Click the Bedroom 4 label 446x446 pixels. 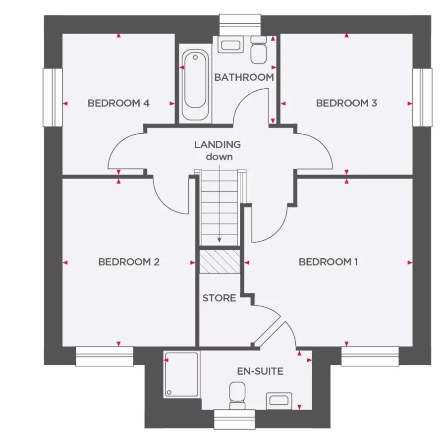click(118, 103)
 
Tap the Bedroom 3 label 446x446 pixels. click(346, 103)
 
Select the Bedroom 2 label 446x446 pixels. click(129, 262)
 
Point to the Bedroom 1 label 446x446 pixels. click(328, 262)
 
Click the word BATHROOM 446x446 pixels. click(244, 77)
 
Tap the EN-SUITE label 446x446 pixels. click(260, 371)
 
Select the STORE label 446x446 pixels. click(220, 298)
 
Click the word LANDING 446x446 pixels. click(218, 145)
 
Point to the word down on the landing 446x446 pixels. click(220, 157)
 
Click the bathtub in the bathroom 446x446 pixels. click(195, 85)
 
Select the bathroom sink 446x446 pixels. click(230, 45)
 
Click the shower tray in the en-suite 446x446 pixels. click(181, 374)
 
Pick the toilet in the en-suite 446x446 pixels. click(237, 395)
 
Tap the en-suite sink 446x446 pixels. click(279, 401)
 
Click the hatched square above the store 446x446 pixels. click(220, 262)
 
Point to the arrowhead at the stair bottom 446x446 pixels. click(220, 240)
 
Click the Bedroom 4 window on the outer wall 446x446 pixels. click(53, 98)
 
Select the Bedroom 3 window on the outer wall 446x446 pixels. click(422, 98)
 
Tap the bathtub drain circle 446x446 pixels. click(195, 57)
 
